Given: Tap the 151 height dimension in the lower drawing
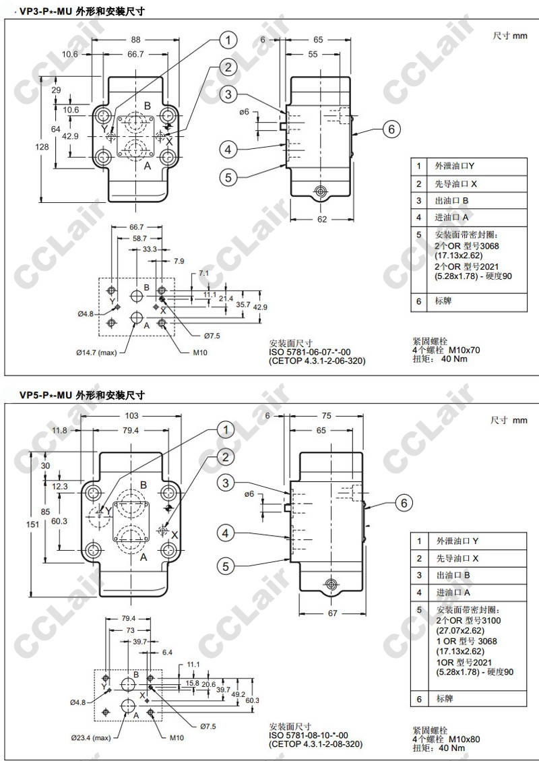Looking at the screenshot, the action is (32, 524).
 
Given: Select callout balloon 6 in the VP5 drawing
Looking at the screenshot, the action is (404, 504).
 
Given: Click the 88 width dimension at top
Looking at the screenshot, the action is (135, 40).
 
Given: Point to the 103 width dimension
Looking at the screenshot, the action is (131, 415).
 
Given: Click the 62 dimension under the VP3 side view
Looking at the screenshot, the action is (322, 219).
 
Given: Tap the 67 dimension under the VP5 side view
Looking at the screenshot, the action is (332, 613).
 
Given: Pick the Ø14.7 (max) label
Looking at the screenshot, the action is (96, 353).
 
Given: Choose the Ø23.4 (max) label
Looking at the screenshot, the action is (91, 737).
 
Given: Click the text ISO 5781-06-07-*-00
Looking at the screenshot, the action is (309, 353).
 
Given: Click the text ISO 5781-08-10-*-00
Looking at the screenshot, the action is (309, 735).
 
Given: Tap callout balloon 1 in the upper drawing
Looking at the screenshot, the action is (228, 40).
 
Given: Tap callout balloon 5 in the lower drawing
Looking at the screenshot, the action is (226, 566).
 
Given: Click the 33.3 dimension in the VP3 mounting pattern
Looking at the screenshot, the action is (150, 249).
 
